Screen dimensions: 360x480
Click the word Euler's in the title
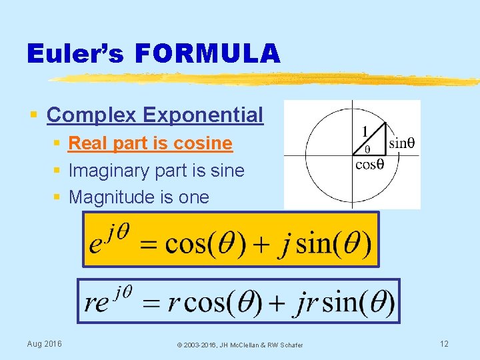pyautogui.click(x=75, y=53)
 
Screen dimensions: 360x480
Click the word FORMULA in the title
pyautogui.click(x=207, y=53)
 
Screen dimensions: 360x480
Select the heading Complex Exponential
pyautogui.click(x=155, y=115)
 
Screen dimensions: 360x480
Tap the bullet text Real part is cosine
pyautogui.click(x=150, y=143)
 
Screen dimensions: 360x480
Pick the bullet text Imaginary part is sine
pyautogui.click(x=156, y=171)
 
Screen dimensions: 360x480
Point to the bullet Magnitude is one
pyautogui.click(x=139, y=197)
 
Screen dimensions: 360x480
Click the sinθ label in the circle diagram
pyautogui.click(x=401, y=143)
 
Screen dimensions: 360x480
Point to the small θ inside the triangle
pyautogui.click(x=367, y=149)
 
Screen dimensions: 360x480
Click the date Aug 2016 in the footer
pyautogui.click(x=44, y=344)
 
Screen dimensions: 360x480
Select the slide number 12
pyautogui.click(x=444, y=344)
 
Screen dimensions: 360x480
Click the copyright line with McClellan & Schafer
pyautogui.click(x=239, y=345)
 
